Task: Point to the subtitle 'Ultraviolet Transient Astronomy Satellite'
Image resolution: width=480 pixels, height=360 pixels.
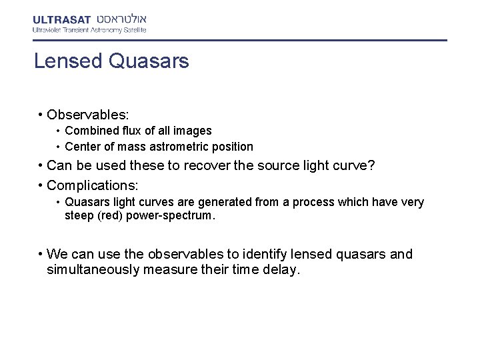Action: pyautogui.click(x=89, y=30)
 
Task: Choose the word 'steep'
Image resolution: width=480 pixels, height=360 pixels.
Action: pyautogui.click(x=79, y=216)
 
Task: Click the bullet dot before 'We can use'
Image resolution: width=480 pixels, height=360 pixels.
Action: pyautogui.click(x=41, y=254)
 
